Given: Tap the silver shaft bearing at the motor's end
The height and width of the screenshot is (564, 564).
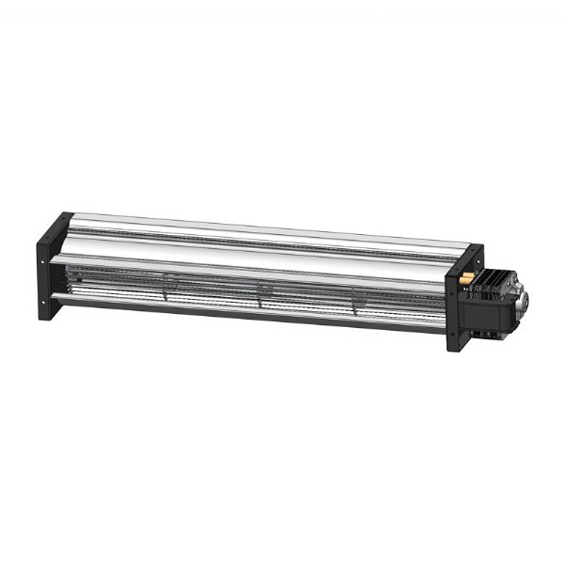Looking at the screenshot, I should pos(527,302).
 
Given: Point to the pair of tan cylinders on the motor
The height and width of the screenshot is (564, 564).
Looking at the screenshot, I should pos(465,277).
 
